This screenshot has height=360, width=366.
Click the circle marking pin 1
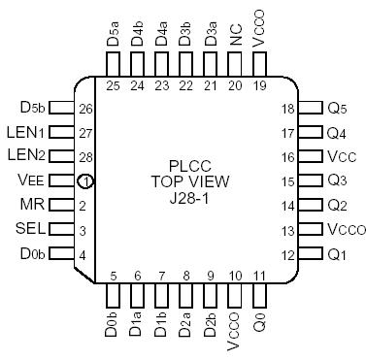[x=86, y=180]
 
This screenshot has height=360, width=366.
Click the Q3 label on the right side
[x=336, y=180]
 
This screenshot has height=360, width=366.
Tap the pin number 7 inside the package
[x=160, y=276]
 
